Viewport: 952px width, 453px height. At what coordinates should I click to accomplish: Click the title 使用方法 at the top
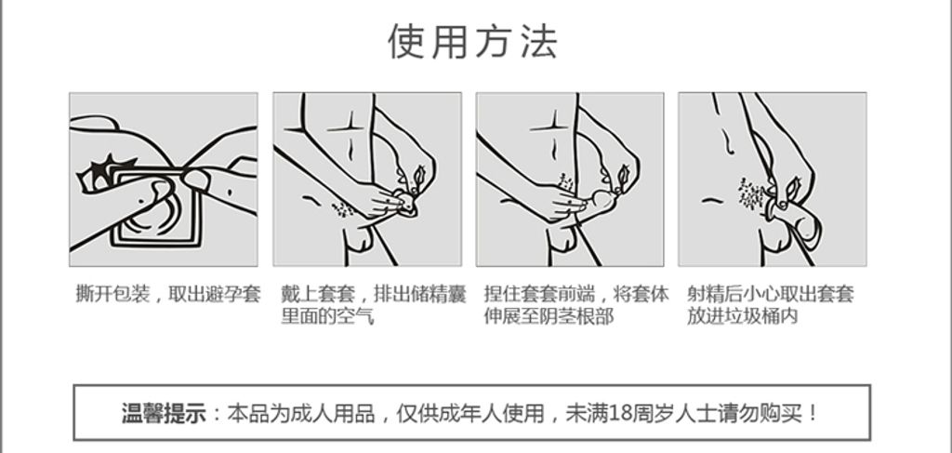point(472,41)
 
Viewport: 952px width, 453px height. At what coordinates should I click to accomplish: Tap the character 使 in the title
point(406,41)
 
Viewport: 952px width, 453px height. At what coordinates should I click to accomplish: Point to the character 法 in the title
point(538,41)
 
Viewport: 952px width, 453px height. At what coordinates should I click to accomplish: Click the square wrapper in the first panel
point(156,208)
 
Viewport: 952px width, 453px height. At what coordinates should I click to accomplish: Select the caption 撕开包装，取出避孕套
point(168,294)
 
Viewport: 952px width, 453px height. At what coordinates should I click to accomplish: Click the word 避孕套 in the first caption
point(233,294)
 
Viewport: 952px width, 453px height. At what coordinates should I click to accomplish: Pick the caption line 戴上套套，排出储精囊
point(374,294)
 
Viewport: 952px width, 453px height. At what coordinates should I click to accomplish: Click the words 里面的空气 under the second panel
point(326,315)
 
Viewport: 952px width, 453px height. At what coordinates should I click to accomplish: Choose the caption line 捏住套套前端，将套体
point(576,294)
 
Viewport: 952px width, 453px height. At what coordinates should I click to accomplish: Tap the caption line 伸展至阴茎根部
point(549,315)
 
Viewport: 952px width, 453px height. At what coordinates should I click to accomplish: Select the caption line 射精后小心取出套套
point(771,294)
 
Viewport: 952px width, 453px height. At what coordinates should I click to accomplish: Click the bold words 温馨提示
point(164,414)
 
